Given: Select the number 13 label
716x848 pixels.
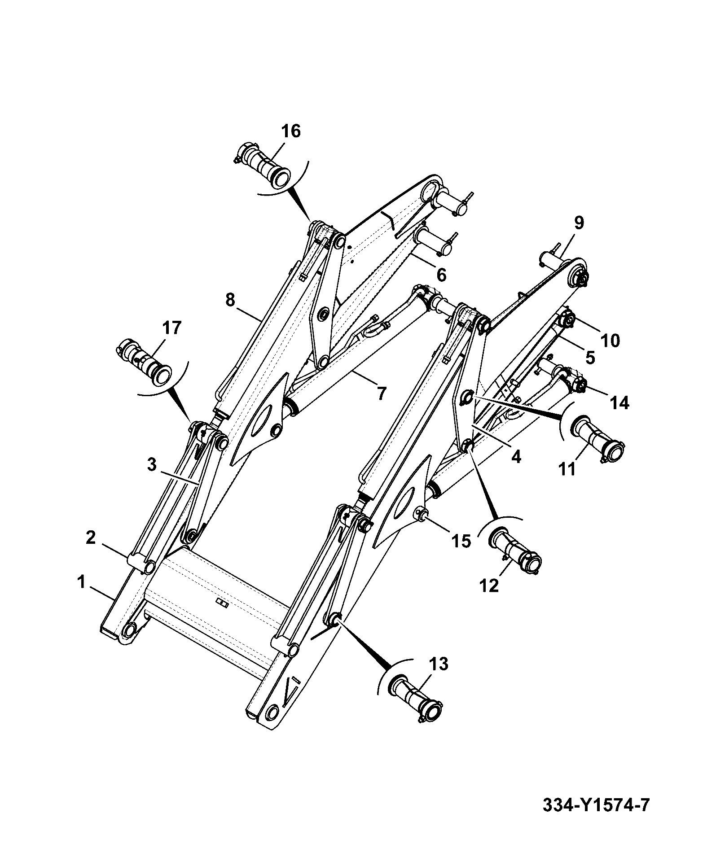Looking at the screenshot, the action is [x=438, y=664].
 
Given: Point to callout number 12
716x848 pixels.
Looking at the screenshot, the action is [x=489, y=586].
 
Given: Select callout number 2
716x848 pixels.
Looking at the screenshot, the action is [x=91, y=538].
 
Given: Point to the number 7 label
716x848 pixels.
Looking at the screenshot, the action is [x=381, y=393].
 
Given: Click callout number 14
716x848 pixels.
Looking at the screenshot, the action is [x=619, y=403].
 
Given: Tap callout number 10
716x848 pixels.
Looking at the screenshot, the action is [x=610, y=341].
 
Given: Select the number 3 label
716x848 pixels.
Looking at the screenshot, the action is [x=152, y=464].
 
